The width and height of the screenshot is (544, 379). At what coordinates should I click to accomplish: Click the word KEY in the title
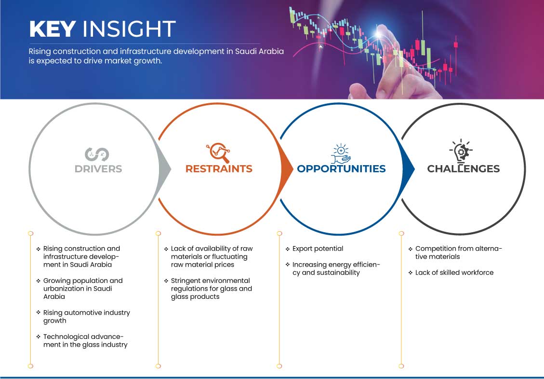click(53, 29)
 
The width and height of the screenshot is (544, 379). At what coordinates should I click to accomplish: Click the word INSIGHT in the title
click(129, 29)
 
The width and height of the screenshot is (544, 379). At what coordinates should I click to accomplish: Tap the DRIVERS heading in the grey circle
click(98, 169)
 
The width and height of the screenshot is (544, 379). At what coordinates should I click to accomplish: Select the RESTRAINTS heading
click(219, 169)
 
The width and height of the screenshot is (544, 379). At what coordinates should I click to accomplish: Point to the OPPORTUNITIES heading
click(341, 169)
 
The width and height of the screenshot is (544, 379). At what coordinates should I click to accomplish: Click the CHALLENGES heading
click(463, 169)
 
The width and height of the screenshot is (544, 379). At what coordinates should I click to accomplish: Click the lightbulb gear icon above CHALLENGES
click(461, 151)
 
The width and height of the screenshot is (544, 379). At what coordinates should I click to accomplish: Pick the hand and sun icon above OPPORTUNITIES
click(341, 154)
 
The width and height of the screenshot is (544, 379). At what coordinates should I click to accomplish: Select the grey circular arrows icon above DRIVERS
click(97, 154)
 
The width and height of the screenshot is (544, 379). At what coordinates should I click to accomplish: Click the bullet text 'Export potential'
click(318, 249)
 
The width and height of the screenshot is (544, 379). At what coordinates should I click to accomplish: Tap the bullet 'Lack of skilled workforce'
click(454, 273)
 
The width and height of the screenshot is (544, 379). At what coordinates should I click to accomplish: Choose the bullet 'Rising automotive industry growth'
click(86, 316)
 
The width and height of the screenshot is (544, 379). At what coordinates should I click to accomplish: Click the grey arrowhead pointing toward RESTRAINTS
click(165, 169)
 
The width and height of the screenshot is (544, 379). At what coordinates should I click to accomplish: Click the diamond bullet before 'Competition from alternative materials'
click(411, 249)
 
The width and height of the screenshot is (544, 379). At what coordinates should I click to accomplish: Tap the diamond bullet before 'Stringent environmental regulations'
click(166, 281)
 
